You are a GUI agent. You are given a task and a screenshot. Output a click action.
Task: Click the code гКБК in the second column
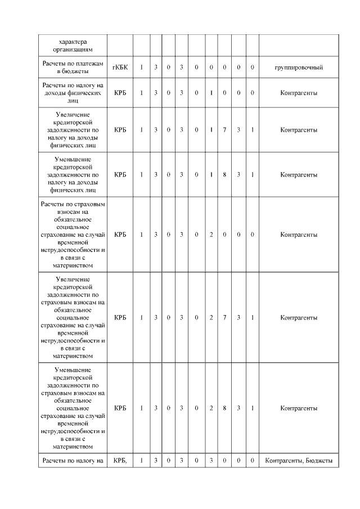pyautogui.click(x=120, y=67)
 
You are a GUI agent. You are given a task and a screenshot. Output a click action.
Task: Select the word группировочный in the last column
pyautogui.click(x=298, y=67)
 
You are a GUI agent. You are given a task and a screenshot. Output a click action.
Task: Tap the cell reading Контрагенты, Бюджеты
pyautogui.click(x=298, y=461)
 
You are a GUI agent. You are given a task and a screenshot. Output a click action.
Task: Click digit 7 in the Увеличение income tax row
pyautogui.click(x=224, y=130)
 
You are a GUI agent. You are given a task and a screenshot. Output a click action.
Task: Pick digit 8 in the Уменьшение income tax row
pyautogui.click(x=224, y=175)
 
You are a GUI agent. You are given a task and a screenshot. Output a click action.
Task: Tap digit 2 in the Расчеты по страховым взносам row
pyautogui.click(x=211, y=234)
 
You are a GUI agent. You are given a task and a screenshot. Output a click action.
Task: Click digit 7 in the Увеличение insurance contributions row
pyautogui.click(x=224, y=318)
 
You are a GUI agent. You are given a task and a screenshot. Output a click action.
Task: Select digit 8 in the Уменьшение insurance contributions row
pyautogui.click(x=224, y=408)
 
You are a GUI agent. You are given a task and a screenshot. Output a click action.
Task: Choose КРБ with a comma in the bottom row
pyautogui.click(x=120, y=461)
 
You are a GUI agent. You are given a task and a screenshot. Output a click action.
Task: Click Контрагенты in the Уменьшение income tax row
pyautogui.click(x=298, y=175)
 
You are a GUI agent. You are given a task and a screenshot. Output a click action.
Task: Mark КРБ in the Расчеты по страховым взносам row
pyautogui.click(x=120, y=234)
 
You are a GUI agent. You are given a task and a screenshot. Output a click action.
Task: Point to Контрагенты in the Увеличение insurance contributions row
pyautogui.click(x=298, y=318)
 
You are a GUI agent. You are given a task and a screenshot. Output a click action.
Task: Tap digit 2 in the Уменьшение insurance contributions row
pyautogui.click(x=211, y=408)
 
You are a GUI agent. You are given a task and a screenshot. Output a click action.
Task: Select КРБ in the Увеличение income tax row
pyautogui.click(x=120, y=130)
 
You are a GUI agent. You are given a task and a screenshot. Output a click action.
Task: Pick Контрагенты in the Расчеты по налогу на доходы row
pyautogui.click(x=298, y=93)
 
